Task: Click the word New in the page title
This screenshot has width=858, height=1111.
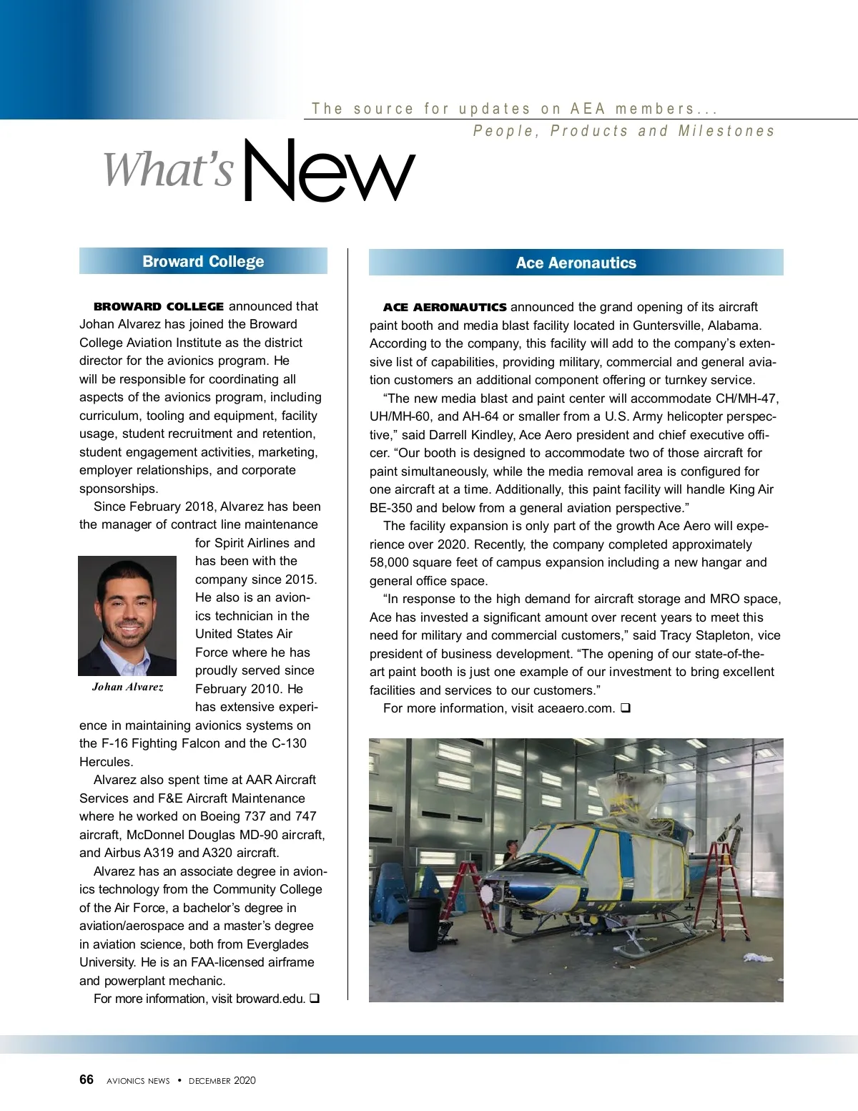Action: click(x=329, y=170)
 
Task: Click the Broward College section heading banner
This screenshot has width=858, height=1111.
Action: click(x=203, y=261)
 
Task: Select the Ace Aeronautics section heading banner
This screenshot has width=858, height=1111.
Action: click(x=576, y=263)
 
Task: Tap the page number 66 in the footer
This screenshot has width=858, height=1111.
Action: click(x=87, y=1080)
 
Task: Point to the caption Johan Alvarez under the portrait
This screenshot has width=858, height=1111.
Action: click(x=127, y=687)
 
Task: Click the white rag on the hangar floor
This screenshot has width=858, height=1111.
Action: click(x=757, y=957)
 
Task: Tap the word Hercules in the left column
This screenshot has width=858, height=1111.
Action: click(x=106, y=762)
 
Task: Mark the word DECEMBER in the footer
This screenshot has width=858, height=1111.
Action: click(x=210, y=1081)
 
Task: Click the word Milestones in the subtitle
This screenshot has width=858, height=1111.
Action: click(x=726, y=132)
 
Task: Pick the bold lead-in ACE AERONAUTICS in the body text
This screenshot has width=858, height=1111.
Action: click(x=445, y=308)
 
